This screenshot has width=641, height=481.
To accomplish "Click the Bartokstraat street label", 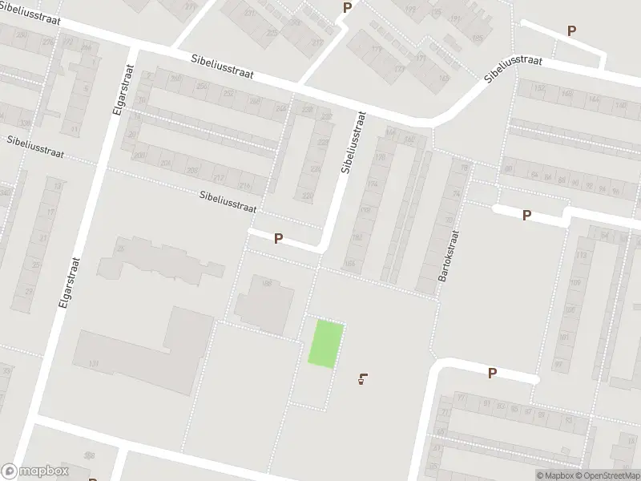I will (447, 256).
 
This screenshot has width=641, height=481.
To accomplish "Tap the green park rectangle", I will (328, 344).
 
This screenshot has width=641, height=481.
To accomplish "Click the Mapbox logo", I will (34, 471).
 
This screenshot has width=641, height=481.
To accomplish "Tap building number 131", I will (94, 365).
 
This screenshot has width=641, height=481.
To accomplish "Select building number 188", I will (266, 283).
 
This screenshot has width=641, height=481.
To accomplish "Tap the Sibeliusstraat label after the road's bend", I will (514, 70).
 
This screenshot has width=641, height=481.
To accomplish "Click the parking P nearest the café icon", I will (492, 373).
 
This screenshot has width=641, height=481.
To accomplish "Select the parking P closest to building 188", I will (279, 238).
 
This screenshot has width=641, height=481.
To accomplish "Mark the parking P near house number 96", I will (526, 215).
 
